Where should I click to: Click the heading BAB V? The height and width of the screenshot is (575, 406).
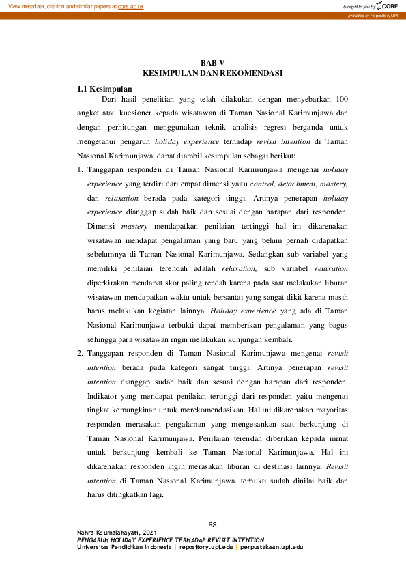[212, 63]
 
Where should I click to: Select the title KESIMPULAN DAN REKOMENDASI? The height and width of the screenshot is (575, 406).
[212, 72]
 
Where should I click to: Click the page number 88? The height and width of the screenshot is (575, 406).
[212, 524]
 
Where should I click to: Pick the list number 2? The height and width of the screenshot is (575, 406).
[79, 353]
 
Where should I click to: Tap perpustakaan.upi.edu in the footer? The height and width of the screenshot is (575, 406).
[272, 547]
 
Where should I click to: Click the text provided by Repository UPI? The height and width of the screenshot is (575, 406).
[373, 15]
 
